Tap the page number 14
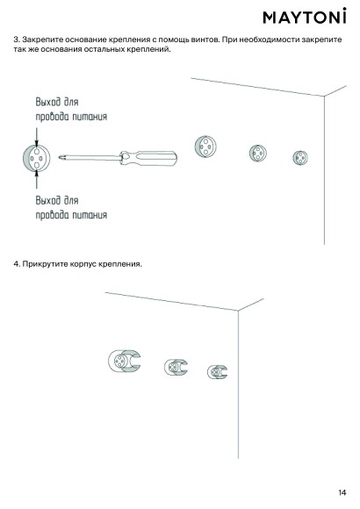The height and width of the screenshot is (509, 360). [342, 492]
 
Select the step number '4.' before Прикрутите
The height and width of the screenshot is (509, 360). [17, 264]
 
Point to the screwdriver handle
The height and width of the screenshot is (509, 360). [148, 158]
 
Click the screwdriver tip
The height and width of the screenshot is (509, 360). [61, 158]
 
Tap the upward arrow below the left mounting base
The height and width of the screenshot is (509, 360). [36, 178]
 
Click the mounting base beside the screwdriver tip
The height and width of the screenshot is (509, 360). [36, 158]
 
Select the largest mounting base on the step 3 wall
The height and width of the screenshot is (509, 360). [205, 147]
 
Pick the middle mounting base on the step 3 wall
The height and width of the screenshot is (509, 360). [258, 153]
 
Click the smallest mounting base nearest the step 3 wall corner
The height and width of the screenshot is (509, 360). [300, 158]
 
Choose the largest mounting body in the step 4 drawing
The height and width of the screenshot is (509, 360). [124, 361]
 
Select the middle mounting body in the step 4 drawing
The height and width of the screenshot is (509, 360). [176, 367]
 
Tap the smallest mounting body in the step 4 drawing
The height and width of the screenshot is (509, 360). [218, 372]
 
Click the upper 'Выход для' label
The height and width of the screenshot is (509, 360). [57, 102]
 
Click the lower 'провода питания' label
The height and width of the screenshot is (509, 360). [71, 215]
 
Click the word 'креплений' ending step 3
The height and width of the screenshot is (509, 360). [152, 50]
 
